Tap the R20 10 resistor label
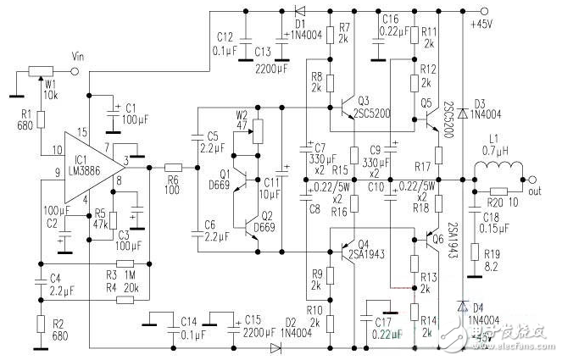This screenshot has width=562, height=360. click(x=495, y=202)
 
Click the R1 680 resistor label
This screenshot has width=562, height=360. click(x=25, y=119)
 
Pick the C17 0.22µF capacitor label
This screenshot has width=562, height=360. click(x=383, y=326)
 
